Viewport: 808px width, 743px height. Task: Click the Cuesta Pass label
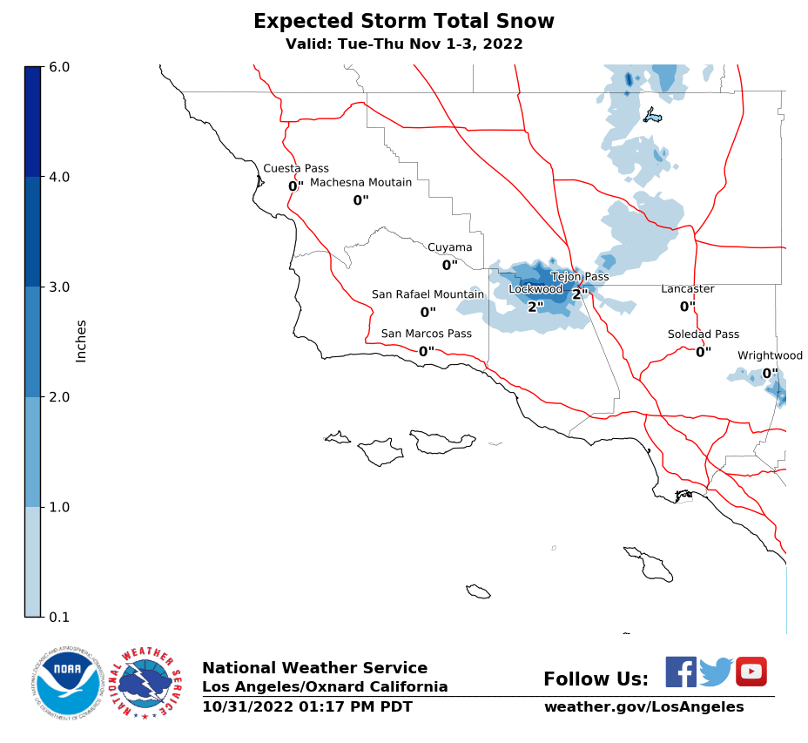click(296, 169)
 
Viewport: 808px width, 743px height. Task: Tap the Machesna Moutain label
click(360, 183)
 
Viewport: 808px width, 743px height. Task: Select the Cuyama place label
click(449, 247)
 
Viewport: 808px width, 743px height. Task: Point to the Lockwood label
click(535, 289)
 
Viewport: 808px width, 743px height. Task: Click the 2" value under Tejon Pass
click(580, 294)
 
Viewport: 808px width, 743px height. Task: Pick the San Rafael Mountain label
click(428, 294)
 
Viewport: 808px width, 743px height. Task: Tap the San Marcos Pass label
click(426, 334)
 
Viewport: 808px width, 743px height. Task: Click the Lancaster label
click(687, 289)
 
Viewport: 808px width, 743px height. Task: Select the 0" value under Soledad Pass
click(703, 352)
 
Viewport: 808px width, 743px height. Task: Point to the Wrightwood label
click(770, 355)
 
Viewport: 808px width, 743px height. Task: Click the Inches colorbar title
click(81, 341)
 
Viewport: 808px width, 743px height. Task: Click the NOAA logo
click(68, 682)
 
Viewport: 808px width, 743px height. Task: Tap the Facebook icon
click(680, 672)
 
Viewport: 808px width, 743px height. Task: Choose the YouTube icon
click(751, 672)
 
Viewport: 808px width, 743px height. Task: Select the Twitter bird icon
click(716, 672)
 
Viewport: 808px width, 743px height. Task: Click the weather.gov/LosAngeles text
click(643, 706)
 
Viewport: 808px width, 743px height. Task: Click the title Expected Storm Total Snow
click(403, 22)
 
